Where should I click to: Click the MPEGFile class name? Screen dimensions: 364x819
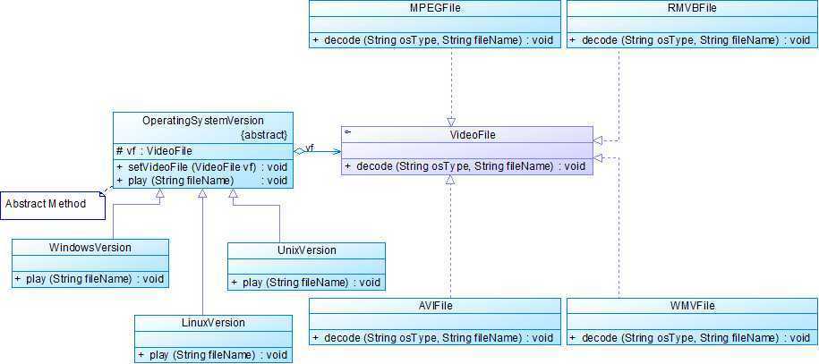435,9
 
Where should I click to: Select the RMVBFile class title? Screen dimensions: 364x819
692,9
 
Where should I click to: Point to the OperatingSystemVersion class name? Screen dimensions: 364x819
203,120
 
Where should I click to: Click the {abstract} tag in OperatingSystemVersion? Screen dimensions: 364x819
264,134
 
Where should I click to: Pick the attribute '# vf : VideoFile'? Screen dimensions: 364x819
154,150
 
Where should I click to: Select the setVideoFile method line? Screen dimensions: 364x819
201,167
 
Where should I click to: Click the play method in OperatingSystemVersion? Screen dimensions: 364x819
201,180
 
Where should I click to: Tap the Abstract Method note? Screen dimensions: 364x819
47,204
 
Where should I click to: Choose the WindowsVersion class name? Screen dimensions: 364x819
90,248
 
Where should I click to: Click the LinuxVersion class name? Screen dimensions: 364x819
212,323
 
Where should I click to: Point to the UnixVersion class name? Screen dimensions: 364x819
306,250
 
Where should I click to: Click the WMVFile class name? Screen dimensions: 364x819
691,306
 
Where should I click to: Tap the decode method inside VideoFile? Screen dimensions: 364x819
465,166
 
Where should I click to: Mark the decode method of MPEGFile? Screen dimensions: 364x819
434,40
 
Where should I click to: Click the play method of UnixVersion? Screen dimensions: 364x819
306,283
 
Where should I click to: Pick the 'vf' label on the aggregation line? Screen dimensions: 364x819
309,148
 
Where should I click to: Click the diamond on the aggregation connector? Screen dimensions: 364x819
299,152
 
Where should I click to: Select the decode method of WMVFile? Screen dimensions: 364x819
692,338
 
